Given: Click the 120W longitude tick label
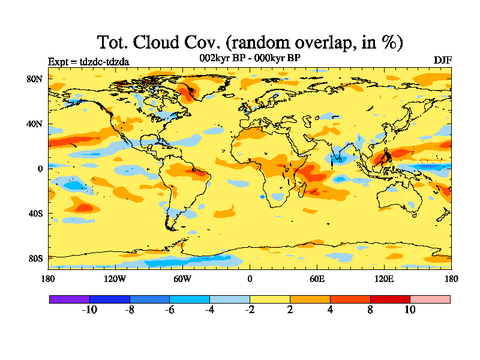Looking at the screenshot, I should pos(115,278).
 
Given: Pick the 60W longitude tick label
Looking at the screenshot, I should pos(182,278).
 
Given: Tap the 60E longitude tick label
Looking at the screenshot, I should pos(317,278).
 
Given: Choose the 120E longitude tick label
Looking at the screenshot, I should pos(384,278).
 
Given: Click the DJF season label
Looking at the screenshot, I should pos(442,61).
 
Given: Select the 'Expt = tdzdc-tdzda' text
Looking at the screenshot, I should pos(88,61).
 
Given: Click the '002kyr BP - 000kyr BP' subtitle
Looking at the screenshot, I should pos(250,58).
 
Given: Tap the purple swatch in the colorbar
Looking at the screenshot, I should pos(69,299).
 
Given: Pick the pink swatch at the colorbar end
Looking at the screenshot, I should pos(430,299).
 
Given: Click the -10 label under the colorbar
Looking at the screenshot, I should pos(89,310).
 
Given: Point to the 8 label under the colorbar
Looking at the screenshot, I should pos(370,310).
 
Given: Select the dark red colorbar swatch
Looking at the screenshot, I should pos(390,299).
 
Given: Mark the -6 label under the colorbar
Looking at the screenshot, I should pos(169,310).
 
